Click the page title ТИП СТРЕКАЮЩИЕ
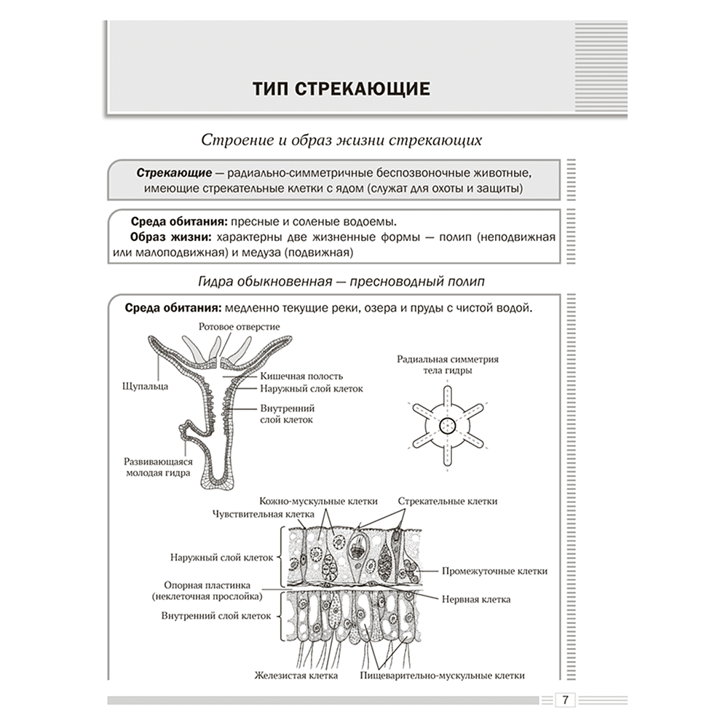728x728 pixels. pos(341,89)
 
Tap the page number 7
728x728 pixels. pos(565,700)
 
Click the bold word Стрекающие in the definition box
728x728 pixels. pos(174,173)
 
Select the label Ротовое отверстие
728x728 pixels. pos(239,326)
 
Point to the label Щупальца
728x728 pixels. pos(145,387)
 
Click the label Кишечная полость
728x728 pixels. pos(301,376)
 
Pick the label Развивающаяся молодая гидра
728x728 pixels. pos(158,467)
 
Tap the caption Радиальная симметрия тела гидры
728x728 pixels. pos(448,365)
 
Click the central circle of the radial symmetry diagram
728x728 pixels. pos(448,426)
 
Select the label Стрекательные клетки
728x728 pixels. pos(448,501)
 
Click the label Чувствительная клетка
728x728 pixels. pos(264,514)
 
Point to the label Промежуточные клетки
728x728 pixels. pos(494,571)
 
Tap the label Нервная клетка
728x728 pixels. pos(476,599)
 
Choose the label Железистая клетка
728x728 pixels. pos(296,676)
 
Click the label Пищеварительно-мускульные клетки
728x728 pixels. pos(442,676)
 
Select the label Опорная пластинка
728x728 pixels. pos(207,585)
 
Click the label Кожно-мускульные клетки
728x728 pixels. pos(318,501)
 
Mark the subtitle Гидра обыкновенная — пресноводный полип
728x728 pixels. pos(341,281)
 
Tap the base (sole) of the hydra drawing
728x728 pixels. pos(217,484)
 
